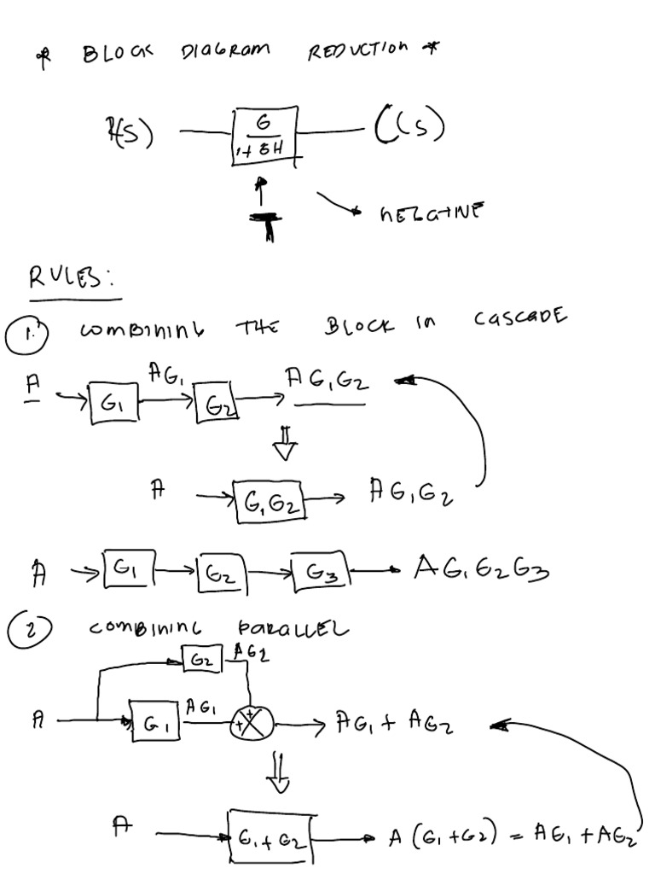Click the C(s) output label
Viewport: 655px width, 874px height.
point(409,129)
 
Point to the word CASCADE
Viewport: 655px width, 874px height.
point(519,318)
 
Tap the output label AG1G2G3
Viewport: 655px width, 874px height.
point(480,567)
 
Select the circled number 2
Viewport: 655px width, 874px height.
point(30,632)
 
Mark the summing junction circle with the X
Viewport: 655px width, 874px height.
point(249,724)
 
